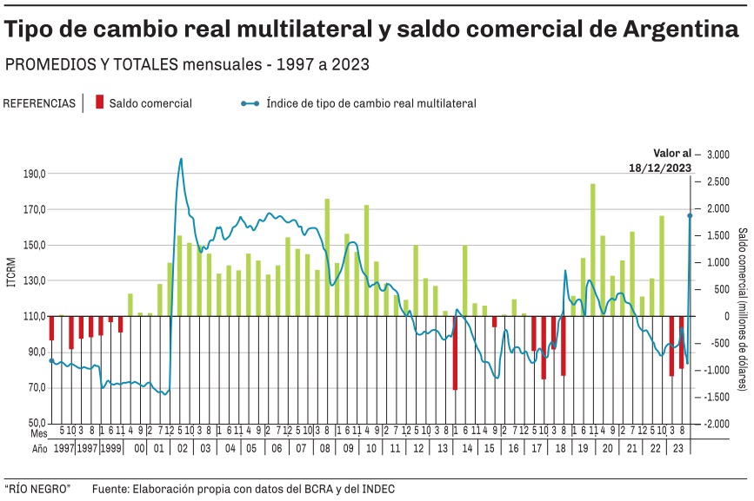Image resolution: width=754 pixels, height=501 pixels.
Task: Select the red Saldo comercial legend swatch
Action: click(x=99, y=102)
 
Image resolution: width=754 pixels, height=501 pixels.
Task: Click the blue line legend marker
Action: click(x=250, y=102)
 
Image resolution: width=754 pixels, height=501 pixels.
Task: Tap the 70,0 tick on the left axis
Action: click(x=35, y=387)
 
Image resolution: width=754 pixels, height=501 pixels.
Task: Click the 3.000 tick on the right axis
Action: click(x=717, y=155)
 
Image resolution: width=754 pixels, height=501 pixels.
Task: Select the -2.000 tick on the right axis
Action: click(x=716, y=424)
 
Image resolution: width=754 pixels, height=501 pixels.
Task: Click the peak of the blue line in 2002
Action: click(x=181, y=159)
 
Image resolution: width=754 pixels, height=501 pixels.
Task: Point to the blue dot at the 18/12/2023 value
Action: click(x=690, y=215)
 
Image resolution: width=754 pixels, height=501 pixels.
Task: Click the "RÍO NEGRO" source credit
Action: click(x=37, y=489)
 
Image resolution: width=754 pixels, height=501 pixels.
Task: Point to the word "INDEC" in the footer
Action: click(x=377, y=489)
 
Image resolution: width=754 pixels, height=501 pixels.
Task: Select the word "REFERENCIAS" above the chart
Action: click(x=39, y=102)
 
